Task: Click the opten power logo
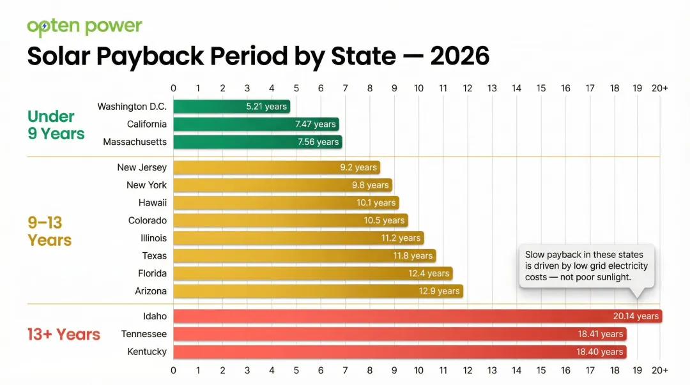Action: (x=84, y=27)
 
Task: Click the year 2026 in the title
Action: (x=459, y=57)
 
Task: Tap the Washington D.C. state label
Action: (x=132, y=107)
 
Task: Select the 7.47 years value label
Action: (x=315, y=125)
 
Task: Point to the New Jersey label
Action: (x=142, y=167)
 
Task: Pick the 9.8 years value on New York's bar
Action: (x=370, y=185)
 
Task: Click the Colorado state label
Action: (x=148, y=220)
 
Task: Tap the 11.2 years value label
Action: (x=401, y=238)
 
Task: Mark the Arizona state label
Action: (x=151, y=291)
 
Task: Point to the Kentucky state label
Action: (x=147, y=352)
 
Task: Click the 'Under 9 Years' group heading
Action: (x=56, y=125)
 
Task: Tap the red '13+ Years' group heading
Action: (x=64, y=335)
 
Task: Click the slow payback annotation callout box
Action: (x=586, y=266)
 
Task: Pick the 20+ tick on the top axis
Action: (x=660, y=89)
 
